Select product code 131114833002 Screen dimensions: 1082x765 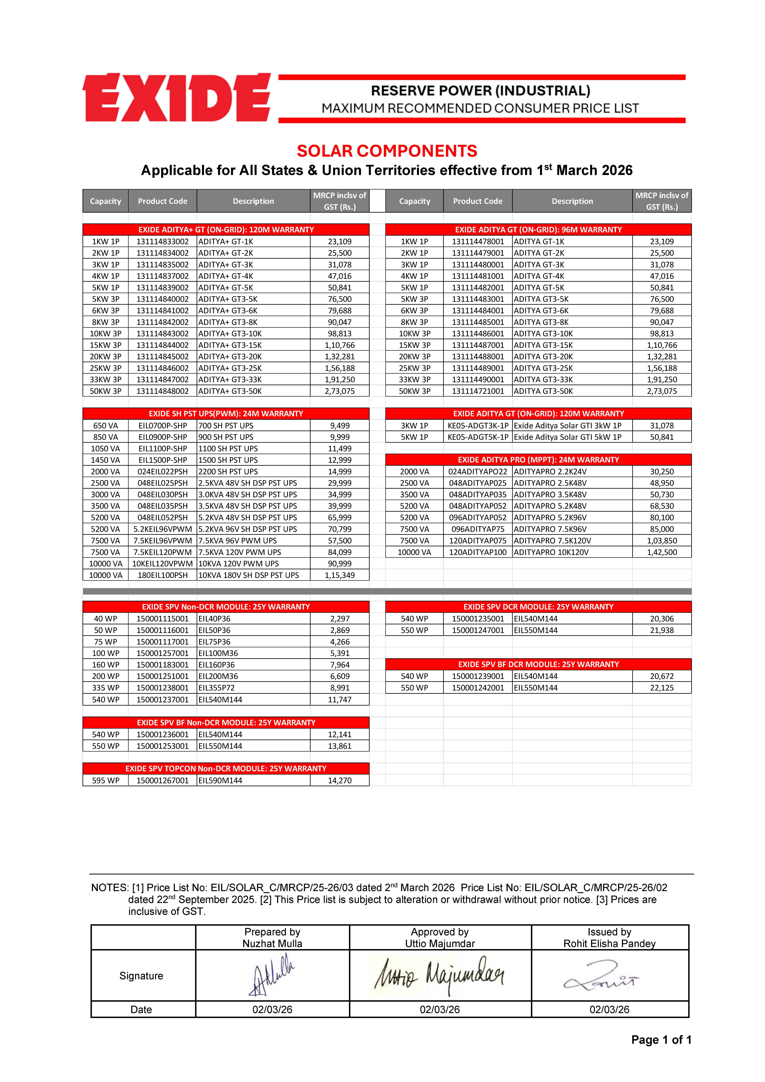[x=163, y=241]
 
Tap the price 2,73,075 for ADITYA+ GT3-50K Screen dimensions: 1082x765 [x=339, y=391]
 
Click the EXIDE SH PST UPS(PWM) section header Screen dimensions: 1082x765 [x=226, y=414]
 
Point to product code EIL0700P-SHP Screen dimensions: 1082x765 [x=163, y=426]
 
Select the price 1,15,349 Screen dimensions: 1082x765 [x=339, y=575]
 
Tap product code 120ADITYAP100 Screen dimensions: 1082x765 [x=477, y=552]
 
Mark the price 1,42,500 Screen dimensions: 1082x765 [x=662, y=552]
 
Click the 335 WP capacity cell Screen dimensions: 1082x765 [x=106, y=688]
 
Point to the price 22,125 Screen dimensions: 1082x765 [x=662, y=688]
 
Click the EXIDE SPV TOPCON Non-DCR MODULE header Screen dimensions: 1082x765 [x=226, y=769]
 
